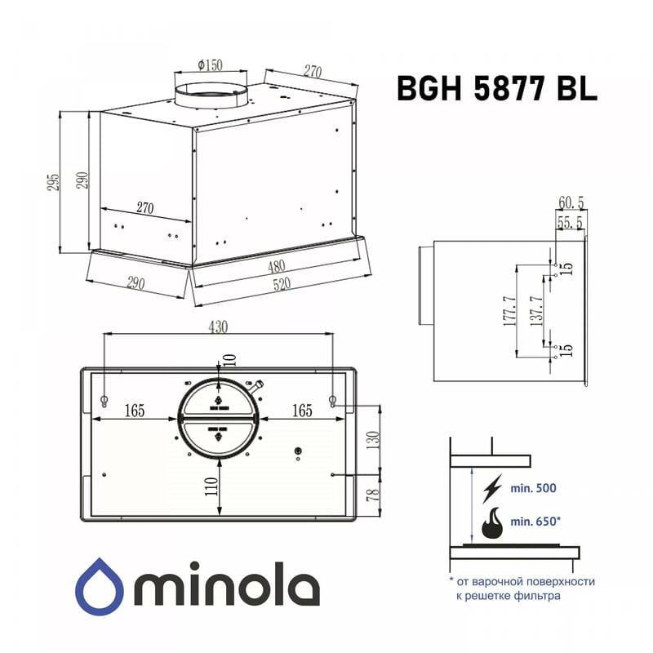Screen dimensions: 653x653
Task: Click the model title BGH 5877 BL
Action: pos(496,87)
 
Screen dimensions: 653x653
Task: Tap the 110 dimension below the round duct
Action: pos(211,486)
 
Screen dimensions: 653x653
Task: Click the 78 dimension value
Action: pos(372,495)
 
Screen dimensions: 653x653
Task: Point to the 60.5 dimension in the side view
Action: pos(571,202)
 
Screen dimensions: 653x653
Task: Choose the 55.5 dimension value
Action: pos(571,221)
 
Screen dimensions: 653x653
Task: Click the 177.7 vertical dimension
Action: pos(509,311)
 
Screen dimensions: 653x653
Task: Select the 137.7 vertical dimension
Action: pos(535,311)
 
